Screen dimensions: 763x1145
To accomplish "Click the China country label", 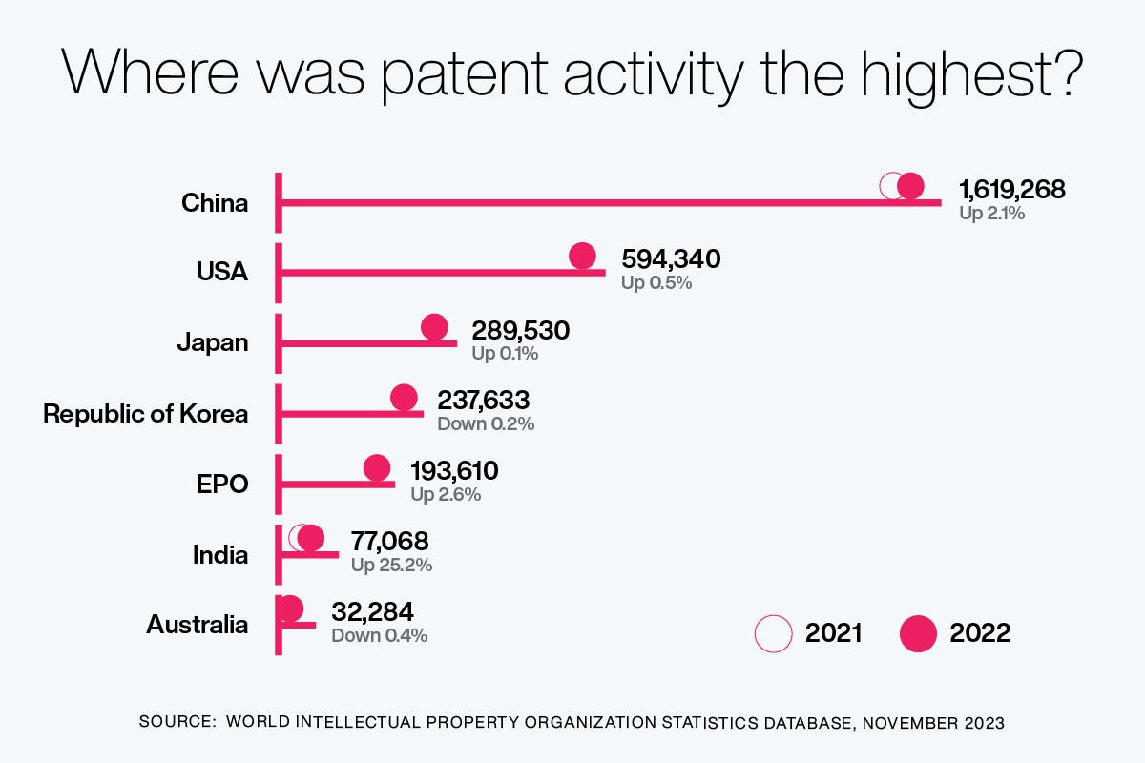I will [215, 203].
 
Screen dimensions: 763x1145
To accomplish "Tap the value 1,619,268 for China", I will [1011, 190].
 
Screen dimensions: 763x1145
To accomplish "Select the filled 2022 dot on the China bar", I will [911, 187].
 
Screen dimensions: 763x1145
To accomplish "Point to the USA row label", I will [221, 272].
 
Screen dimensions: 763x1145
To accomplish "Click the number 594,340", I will [671, 259].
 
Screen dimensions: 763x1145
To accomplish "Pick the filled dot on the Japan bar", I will [435, 327].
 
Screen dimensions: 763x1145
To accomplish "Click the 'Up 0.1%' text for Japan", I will [505, 354].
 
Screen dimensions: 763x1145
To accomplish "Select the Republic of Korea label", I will [145, 414].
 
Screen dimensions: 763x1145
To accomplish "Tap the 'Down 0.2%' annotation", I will [485, 424].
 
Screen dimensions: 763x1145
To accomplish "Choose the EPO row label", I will [221, 484].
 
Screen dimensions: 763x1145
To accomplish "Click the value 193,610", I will [454, 470].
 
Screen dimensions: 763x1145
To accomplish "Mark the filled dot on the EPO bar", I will [377, 468].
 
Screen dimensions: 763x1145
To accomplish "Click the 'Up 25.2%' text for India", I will [391, 565].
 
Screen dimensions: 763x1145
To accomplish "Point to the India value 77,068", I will [389, 541].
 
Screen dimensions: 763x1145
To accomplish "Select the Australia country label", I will [197, 625].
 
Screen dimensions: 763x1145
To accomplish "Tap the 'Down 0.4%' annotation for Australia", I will [379, 635].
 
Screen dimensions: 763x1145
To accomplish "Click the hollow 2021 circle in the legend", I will [773, 633].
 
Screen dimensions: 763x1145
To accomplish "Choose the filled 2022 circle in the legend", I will [919, 633].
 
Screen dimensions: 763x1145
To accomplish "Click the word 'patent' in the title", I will [464, 74].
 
